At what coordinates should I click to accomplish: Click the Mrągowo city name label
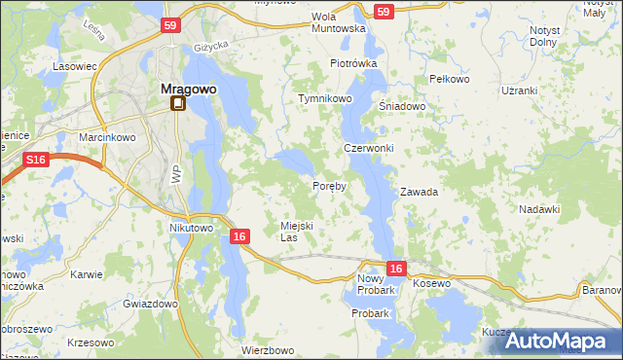(x=188, y=89)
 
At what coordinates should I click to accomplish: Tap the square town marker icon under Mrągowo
(x=178, y=103)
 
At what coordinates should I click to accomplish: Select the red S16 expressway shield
(x=36, y=159)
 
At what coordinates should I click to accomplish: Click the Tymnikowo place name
(x=324, y=99)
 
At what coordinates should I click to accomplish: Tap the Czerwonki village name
(x=368, y=148)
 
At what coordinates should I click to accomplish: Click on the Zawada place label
(x=419, y=192)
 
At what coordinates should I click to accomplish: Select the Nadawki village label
(x=539, y=209)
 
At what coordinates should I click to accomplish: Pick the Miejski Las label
(x=296, y=231)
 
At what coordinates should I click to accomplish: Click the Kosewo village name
(x=432, y=283)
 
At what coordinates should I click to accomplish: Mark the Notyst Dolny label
(x=544, y=36)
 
